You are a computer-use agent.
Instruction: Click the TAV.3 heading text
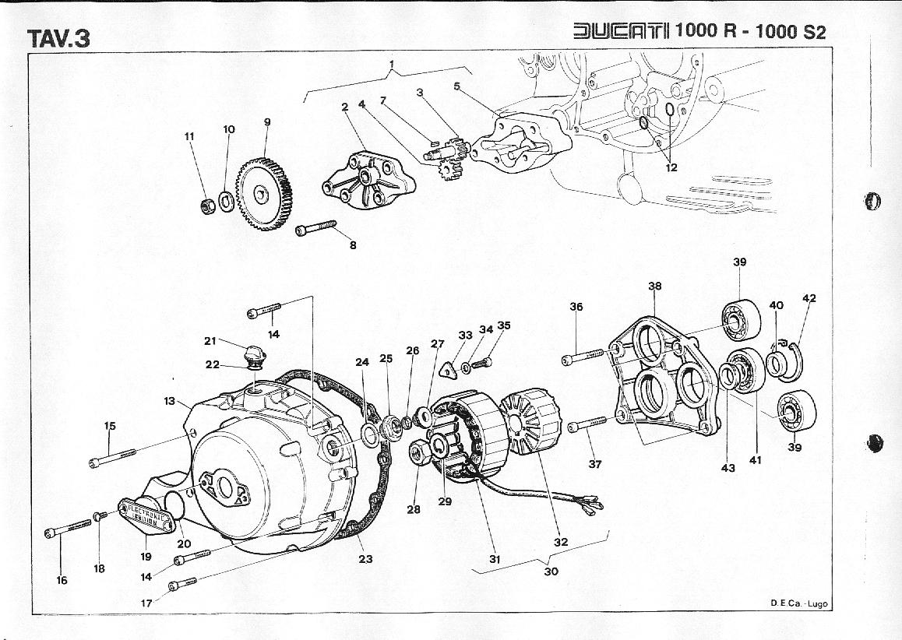point(58,39)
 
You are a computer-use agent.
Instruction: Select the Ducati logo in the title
point(621,31)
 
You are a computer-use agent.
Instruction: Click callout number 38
point(655,287)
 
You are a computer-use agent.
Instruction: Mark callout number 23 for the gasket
point(365,558)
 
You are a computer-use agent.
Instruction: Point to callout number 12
point(672,168)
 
